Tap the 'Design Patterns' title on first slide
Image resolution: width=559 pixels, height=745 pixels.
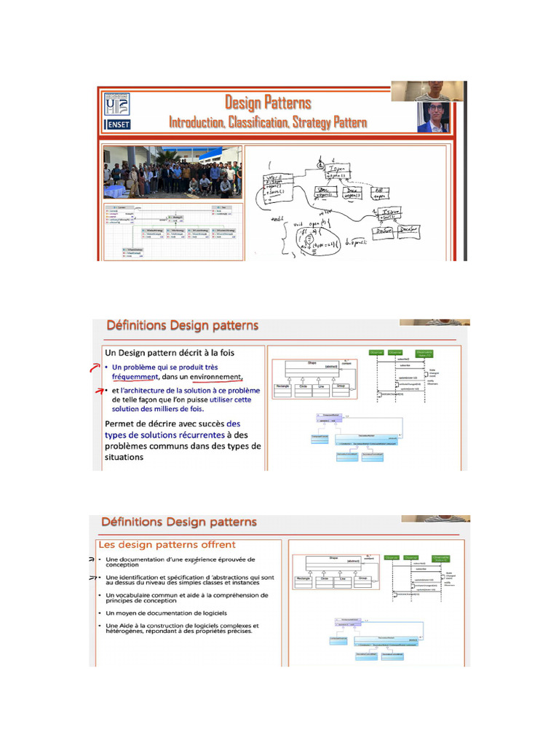click(267, 103)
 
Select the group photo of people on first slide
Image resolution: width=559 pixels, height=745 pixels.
click(172, 172)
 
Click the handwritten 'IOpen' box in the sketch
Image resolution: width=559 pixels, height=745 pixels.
click(333, 172)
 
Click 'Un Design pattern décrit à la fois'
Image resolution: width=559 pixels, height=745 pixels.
click(172, 353)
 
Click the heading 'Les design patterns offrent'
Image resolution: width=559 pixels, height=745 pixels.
click(167, 544)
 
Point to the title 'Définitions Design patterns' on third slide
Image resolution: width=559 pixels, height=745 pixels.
click(178, 522)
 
